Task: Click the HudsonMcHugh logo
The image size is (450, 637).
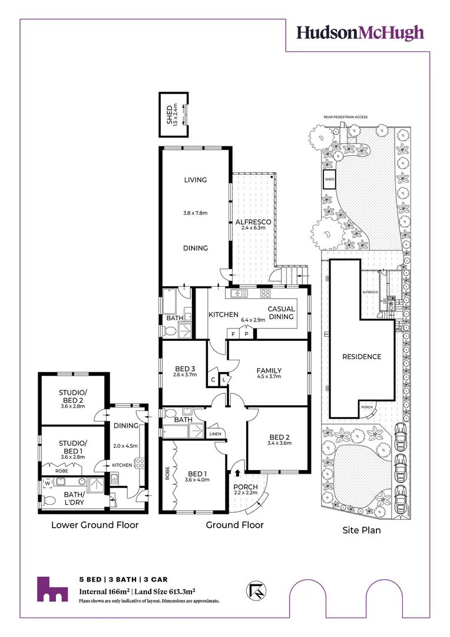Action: click(359, 32)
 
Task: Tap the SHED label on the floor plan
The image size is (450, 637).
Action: click(168, 113)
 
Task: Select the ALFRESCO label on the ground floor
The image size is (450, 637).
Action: click(253, 222)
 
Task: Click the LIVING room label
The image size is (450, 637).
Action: click(195, 180)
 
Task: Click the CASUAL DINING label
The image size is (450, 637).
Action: click(281, 313)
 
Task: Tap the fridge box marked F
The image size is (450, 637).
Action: click(233, 334)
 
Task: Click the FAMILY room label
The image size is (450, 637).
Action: click(269, 371)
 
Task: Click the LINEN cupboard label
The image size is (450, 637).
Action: click(214, 434)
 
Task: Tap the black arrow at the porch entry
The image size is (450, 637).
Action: click(238, 472)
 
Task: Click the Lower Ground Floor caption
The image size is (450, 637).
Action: click(95, 525)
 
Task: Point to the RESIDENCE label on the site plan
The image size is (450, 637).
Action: click(362, 356)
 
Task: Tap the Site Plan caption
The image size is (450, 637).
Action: click(362, 530)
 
